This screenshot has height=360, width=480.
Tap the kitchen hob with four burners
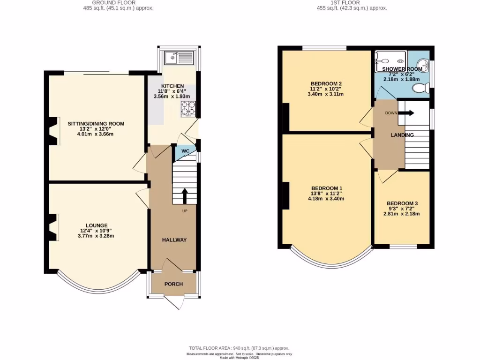tap(188, 108)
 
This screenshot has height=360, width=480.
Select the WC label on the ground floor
tap(185, 151)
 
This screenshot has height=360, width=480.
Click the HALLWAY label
tap(174, 240)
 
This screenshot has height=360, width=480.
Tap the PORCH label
tap(173, 284)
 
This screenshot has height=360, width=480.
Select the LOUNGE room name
tap(97, 225)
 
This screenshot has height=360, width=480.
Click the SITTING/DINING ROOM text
tap(96, 124)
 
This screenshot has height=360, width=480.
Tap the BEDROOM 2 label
tap(326, 83)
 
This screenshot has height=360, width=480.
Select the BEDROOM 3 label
tap(402, 203)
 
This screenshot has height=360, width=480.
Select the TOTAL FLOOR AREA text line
tap(240, 348)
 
